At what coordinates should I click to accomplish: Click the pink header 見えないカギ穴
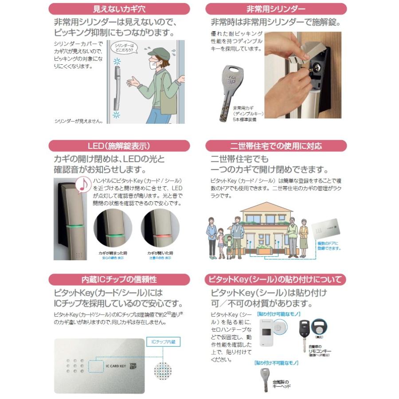[119, 9]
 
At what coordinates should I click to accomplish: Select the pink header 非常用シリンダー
[276, 9]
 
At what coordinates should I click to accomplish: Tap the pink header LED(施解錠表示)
[119, 146]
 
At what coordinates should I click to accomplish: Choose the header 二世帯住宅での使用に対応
[276, 146]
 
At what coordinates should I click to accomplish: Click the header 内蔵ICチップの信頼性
[119, 279]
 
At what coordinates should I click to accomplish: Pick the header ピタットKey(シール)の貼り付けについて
[276, 279]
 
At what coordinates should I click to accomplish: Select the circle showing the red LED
[160, 229]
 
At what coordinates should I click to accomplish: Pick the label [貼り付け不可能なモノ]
[276, 363]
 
